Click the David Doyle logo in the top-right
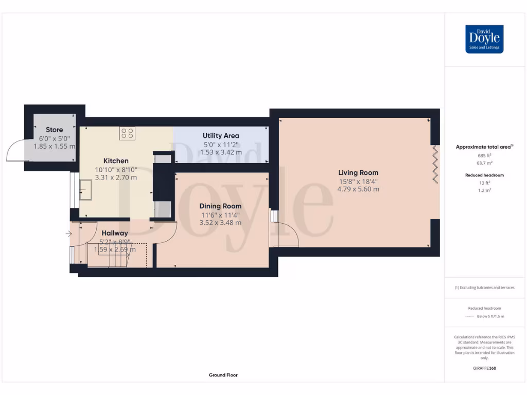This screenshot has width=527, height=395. pos(484,39)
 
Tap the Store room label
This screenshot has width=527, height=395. pos(54,130)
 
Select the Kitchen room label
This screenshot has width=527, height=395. pos(116,161)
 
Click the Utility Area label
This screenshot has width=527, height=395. pos(220,136)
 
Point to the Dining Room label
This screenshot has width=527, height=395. pos(220,206)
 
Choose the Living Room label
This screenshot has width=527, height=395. pos(358,173)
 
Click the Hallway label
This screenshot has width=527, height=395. pos(114,233)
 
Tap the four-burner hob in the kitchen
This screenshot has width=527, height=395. pos(128,133)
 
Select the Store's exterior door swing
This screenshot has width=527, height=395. pos(15,151)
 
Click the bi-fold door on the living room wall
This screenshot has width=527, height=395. pos(435,164)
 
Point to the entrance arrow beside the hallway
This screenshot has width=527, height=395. pos(69,234)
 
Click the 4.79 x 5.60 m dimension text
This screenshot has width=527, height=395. pos(358,189)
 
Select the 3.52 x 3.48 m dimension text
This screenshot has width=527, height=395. pos(220,223)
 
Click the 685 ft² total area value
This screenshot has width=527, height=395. pos(484,155)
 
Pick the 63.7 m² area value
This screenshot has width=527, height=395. pos(484,162)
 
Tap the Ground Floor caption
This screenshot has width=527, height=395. pos(223,375)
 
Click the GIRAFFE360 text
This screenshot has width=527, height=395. pos(484,368)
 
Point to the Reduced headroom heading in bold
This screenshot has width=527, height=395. pos(484,175)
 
